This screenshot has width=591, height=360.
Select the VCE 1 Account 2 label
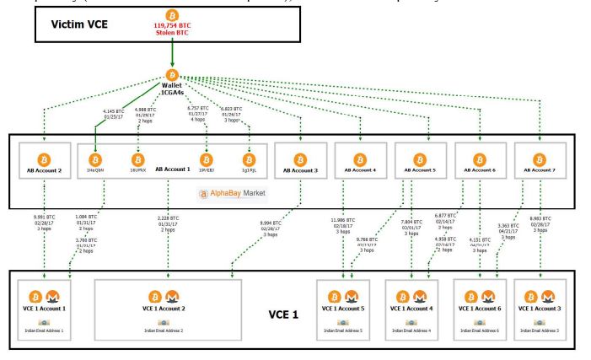[x=169, y=310]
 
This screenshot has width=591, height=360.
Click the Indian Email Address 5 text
[x=348, y=331]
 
